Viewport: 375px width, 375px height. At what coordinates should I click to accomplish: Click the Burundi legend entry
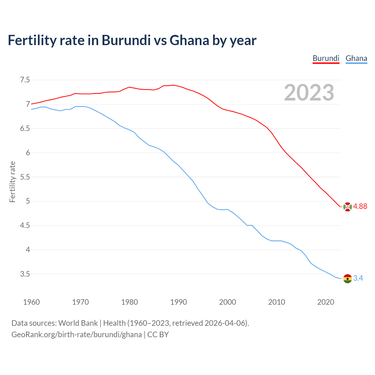[326, 58]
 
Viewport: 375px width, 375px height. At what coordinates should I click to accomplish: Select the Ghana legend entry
[356, 58]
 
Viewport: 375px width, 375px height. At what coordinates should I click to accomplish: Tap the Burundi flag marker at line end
[347, 207]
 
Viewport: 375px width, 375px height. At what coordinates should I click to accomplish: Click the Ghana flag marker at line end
[347, 278]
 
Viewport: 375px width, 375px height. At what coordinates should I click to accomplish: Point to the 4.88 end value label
[360, 207]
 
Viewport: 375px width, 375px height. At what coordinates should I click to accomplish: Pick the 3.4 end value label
[358, 278]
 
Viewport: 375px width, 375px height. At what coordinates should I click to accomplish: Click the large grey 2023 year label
[309, 93]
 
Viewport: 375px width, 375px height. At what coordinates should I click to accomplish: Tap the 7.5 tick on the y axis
[25, 80]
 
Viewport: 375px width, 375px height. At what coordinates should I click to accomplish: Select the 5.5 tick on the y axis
[25, 177]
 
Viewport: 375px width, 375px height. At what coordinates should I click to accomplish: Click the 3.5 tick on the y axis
[25, 274]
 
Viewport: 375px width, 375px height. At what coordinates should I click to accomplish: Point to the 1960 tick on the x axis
[31, 302]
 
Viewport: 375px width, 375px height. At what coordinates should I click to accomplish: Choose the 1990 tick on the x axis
[178, 302]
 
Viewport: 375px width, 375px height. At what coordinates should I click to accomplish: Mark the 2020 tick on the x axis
[325, 302]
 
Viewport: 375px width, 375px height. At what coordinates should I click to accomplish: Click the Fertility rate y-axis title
[12, 182]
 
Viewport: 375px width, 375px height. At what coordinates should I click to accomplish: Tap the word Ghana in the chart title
[189, 40]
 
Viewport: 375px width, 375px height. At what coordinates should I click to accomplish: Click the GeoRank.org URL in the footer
[76, 335]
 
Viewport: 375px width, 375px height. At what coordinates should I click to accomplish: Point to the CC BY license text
[158, 335]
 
